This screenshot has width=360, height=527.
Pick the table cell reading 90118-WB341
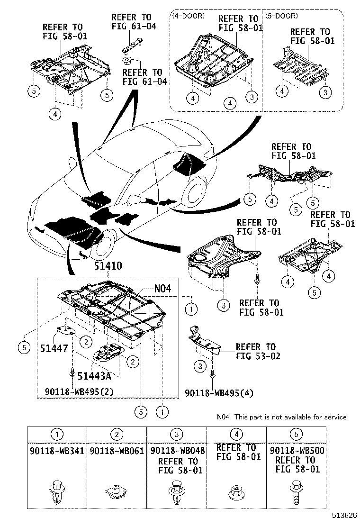point(57,451)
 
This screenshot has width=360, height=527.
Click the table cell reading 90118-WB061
point(117,451)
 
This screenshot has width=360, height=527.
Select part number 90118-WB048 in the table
point(177,451)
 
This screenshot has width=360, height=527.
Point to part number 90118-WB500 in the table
point(297,451)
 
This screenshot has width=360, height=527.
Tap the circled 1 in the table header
point(57,434)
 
